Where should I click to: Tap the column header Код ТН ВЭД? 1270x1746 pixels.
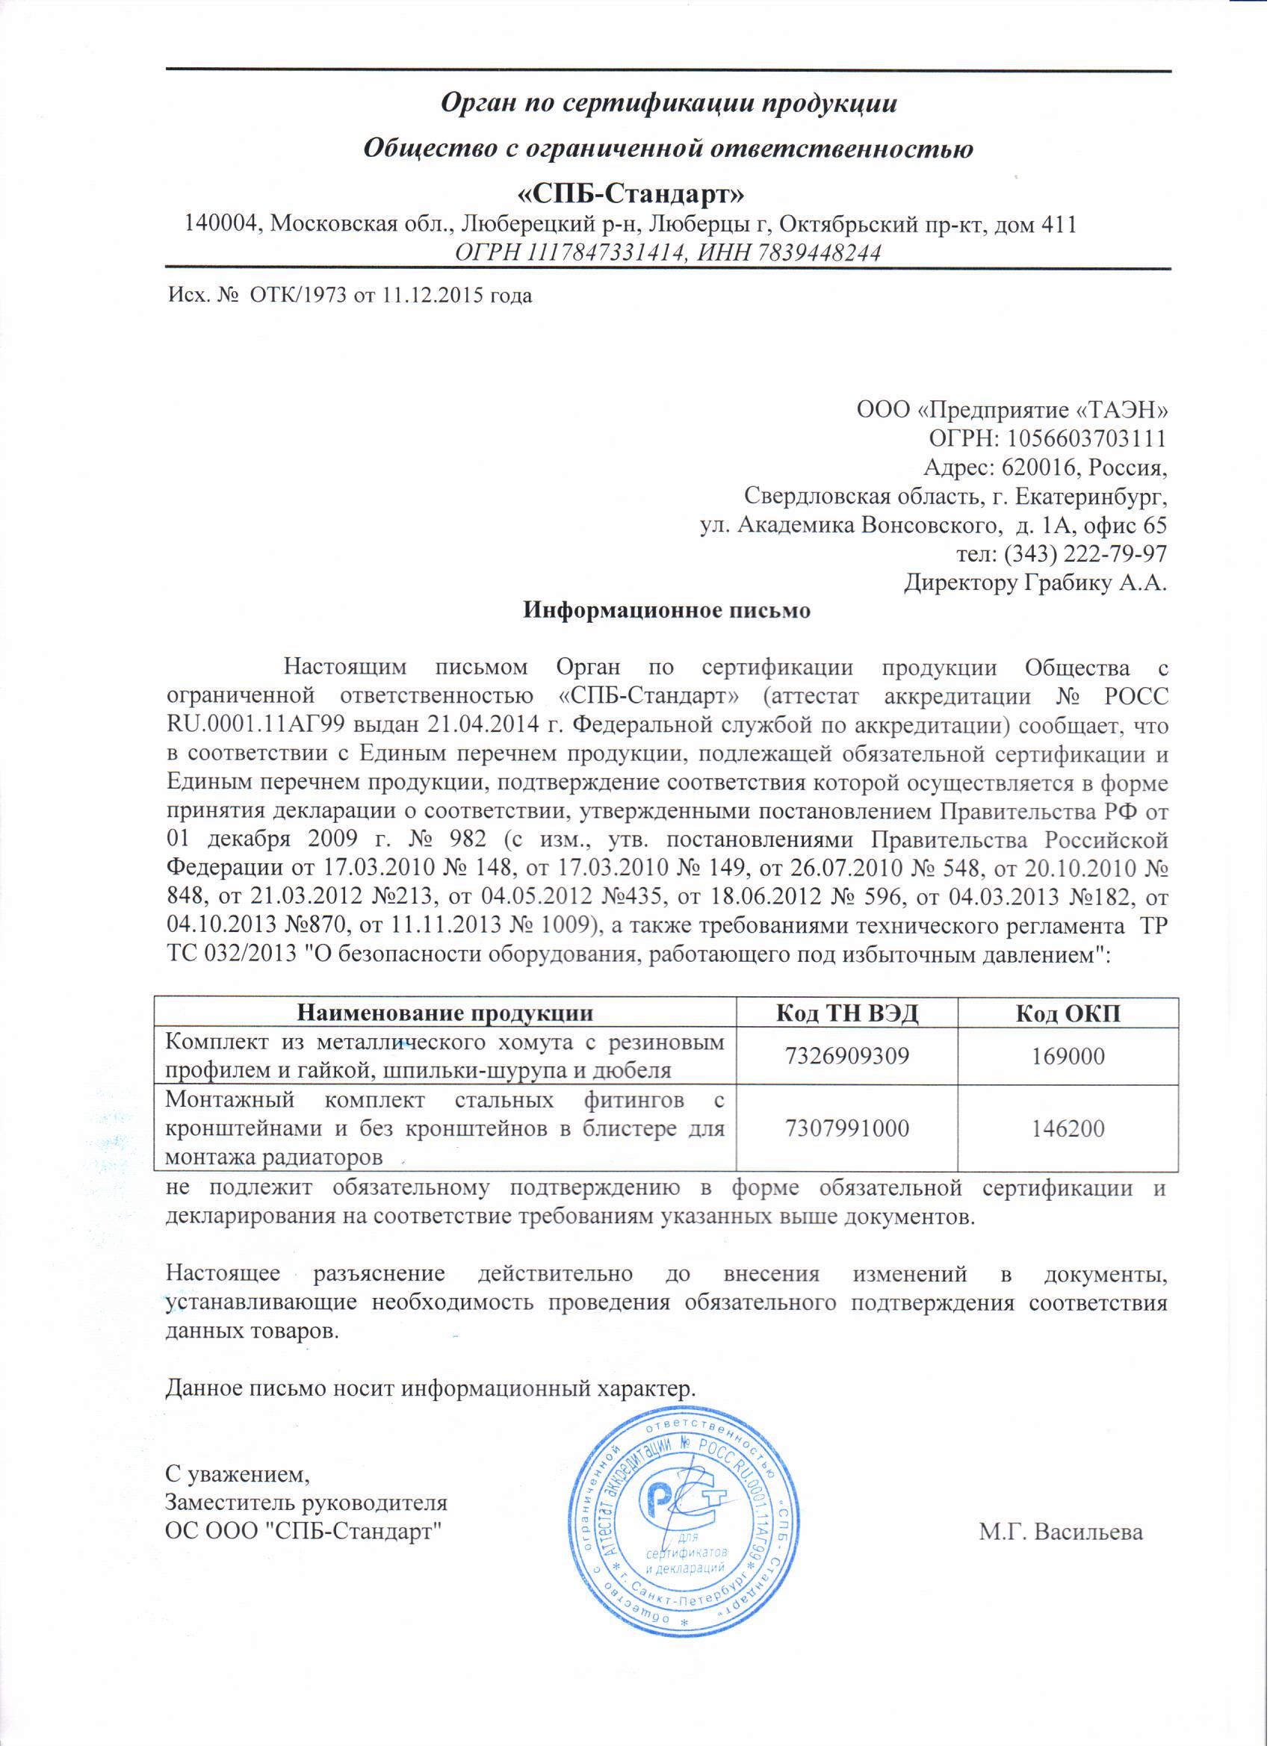pos(847,1013)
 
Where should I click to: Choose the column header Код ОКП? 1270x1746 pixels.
pos(1068,1013)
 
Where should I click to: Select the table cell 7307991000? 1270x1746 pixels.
pos(847,1129)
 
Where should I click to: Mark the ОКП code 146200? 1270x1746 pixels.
pos(1068,1129)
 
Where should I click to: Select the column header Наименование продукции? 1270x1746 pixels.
pos(446,1013)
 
